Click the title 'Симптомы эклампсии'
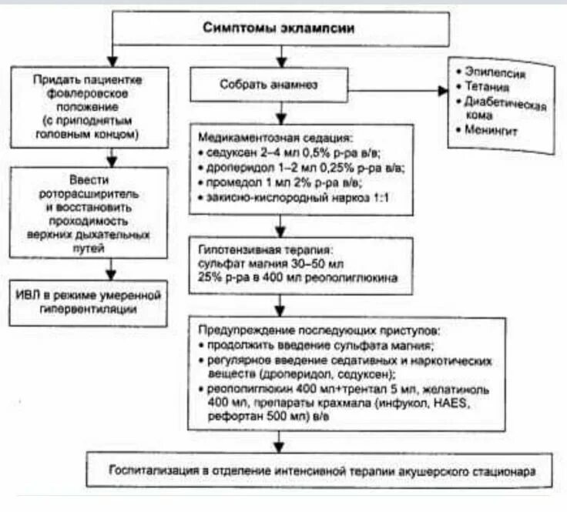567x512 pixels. coord(280,27)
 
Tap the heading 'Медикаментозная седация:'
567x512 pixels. coord(275,139)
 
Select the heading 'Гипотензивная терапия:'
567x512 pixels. coord(265,250)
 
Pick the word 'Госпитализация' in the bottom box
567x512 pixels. coord(149,469)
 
